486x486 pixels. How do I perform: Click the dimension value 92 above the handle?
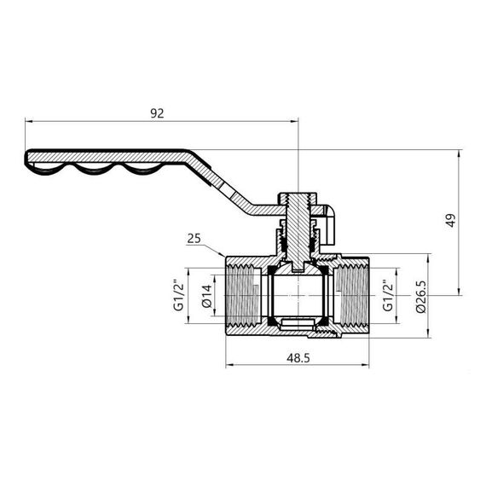157,112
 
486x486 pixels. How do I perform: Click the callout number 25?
193,240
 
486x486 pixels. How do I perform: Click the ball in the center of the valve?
294,295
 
